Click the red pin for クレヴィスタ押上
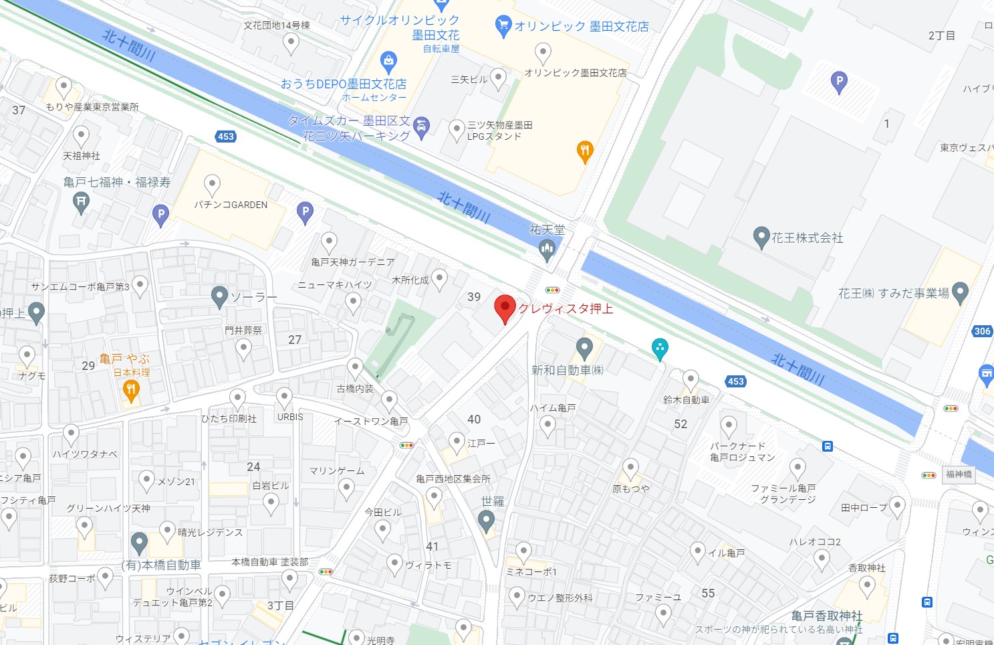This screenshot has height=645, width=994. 505,308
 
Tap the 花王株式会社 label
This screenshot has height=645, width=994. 807,238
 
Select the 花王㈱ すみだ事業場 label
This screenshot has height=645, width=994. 893,293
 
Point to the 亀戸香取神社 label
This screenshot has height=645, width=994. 826,616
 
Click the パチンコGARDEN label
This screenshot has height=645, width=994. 231,205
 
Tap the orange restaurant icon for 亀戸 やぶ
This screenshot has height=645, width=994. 131,391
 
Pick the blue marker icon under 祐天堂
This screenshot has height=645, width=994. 547,250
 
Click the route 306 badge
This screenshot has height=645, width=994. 982,331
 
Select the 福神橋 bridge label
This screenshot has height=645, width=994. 959,474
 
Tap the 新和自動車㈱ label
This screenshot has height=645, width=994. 567,370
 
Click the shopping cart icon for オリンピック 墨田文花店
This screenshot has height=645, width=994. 503,26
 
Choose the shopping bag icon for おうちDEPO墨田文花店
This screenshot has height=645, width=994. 388,62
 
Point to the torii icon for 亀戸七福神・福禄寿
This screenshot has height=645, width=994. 81,201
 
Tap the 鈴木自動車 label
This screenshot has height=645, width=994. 686,399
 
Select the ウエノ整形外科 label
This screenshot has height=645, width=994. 560,597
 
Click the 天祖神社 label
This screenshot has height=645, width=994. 82,156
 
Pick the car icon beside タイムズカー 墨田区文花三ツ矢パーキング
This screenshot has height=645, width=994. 421,126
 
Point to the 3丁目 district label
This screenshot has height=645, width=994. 280,606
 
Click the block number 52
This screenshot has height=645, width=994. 680,424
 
